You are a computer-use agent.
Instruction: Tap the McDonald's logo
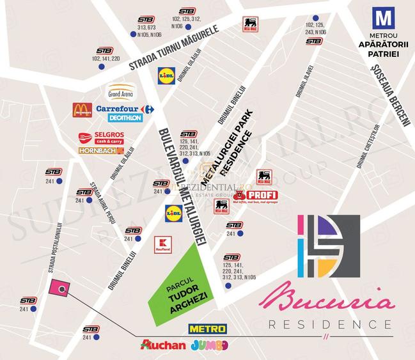click(81, 111)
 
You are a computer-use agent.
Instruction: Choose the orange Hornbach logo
click(101, 151)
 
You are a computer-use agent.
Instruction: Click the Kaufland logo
click(164, 244)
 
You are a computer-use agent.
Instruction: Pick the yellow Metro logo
click(207, 329)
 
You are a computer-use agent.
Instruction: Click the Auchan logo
click(164, 345)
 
